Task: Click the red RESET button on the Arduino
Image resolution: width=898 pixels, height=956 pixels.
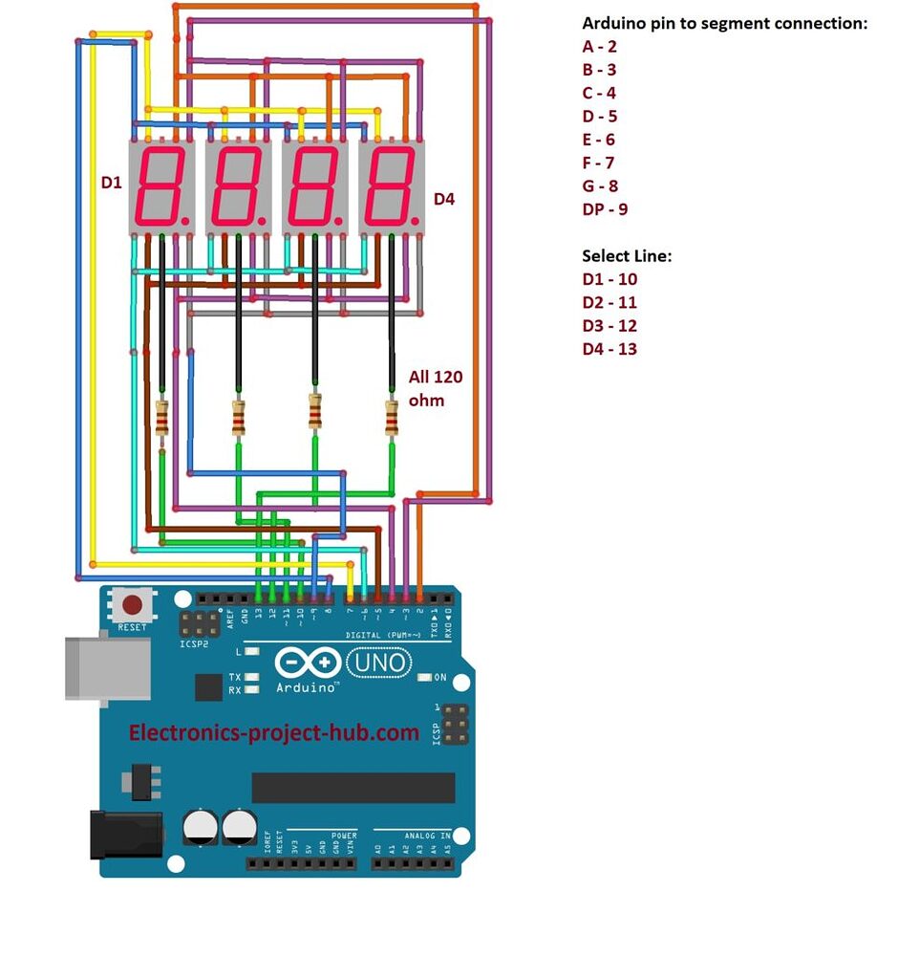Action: pos(133,605)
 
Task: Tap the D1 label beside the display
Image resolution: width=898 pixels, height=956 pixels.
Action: pos(112,181)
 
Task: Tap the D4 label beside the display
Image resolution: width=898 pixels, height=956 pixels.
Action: pos(444,199)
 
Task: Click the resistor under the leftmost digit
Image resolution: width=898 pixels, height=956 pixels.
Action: pos(162,418)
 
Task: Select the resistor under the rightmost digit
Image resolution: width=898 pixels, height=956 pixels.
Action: pos(391,418)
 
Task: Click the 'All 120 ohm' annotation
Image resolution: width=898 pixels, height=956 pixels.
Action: pos(436,388)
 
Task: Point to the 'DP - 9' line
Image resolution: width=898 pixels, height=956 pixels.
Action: pos(605,208)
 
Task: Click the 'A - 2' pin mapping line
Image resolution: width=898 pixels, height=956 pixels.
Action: pos(599,47)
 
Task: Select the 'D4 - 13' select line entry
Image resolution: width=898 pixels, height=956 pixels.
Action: pos(609,348)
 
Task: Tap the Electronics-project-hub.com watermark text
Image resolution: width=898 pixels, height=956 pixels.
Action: pos(274,732)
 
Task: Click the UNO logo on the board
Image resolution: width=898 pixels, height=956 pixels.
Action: pos(377,662)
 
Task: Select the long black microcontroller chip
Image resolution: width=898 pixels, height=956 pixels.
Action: pos(353,787)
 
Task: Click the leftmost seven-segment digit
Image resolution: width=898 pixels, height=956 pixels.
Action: pos(161,186)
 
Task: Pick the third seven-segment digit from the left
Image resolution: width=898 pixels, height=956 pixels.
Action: pos(314,186)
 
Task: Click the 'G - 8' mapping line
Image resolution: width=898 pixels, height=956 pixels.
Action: pos(600,185)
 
